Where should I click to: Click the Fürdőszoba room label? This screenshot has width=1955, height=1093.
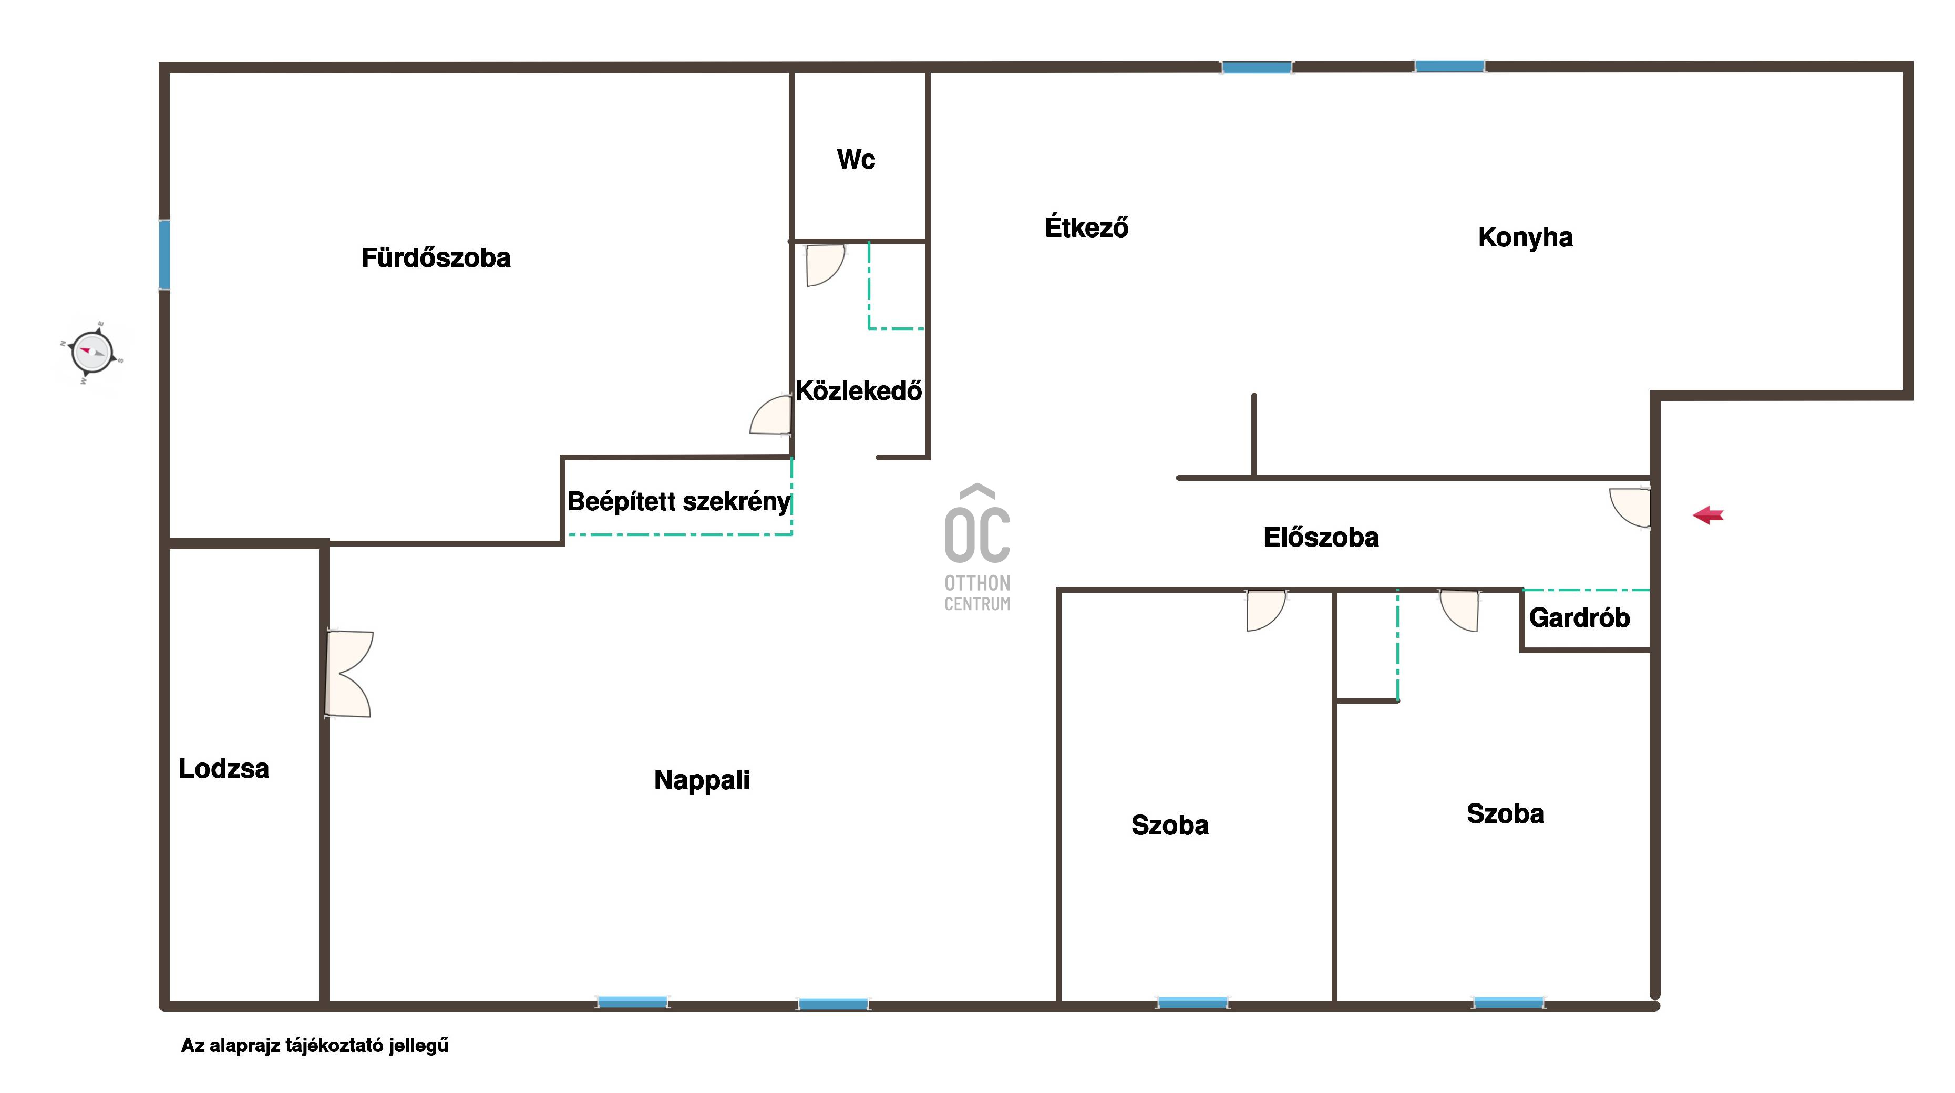click(436, 257)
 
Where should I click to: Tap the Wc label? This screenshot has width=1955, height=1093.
click(856, 159)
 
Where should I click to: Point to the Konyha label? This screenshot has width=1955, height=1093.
click(1526, 238)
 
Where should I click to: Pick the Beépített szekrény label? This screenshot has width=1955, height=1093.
click(679, 502)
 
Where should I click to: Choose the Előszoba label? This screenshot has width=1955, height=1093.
click(1321, 538)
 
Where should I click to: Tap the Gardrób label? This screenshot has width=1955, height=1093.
click(1579, 618)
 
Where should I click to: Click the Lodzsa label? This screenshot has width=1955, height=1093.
click(224, 769)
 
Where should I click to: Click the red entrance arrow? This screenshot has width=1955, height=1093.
click(1709, 515)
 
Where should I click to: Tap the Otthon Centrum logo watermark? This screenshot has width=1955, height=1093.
click(977, 547)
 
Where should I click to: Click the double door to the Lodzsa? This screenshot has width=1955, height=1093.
click(348, 673)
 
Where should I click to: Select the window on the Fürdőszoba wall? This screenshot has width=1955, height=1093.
click(164, 254)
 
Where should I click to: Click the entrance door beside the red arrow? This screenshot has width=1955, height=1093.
click(1630, 507)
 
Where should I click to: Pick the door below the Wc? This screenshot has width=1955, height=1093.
click(824, 265)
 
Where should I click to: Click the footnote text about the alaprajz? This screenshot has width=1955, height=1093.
click(314, 1046)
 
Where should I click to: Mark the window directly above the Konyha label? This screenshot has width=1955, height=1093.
click(1449, 67)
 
